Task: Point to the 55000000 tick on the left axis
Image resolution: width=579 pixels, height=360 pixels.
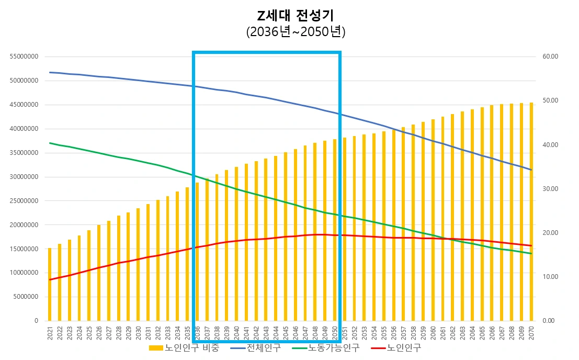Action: tap(24, 57)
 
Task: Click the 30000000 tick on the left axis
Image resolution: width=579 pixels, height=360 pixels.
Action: tap(24, 177)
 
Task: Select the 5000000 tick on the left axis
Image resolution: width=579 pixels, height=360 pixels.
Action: tap(26, 297)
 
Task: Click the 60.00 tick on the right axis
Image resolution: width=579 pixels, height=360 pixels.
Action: tap(550, 57)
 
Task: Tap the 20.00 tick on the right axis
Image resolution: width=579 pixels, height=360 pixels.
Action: tap(550, 233)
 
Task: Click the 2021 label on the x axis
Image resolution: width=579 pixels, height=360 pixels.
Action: tap(50, 332)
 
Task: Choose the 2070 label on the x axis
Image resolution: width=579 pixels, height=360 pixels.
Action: tap(531, 332)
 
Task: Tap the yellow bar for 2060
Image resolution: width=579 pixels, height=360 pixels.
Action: tap(433, 220)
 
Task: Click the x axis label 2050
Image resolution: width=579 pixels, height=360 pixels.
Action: tap(335, 332)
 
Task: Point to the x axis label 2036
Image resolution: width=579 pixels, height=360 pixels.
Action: tap(197, 332)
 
